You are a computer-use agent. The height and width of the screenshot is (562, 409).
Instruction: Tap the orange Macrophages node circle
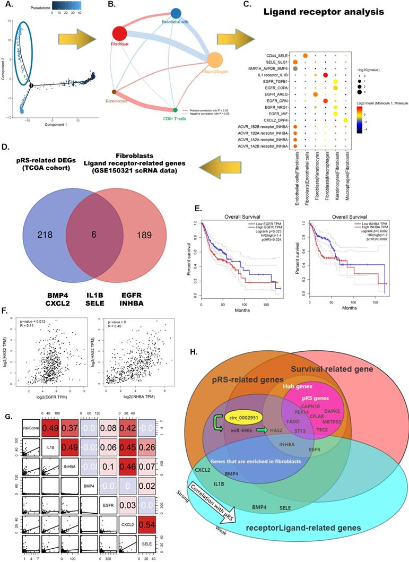tap(217, 59)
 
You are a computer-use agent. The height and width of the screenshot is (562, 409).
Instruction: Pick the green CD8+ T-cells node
tap(176, 109)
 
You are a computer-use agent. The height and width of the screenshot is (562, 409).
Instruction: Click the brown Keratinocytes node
tap(114, 92)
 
